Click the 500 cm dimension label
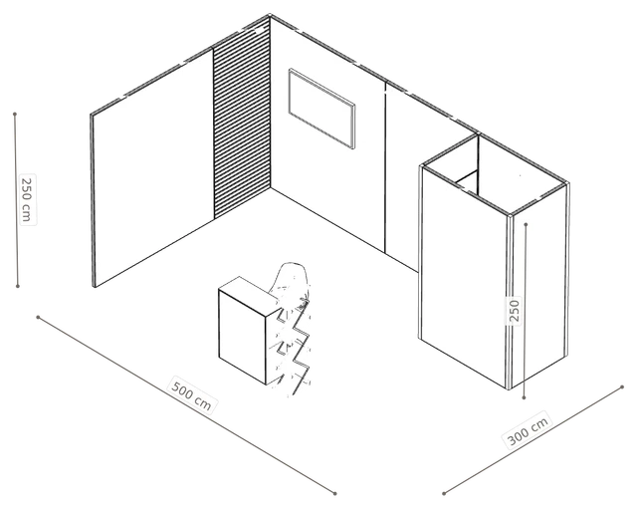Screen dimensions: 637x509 click(x=191, y=393)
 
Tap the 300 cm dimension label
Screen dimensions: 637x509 click(x=528, y=430)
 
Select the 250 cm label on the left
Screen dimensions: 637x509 click(x=27, y=199)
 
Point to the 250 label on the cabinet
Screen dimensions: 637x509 click(x=515, y=311)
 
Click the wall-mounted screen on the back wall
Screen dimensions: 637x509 click(x=321, y=109)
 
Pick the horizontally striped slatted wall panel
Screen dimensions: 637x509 click(x=242, y=118)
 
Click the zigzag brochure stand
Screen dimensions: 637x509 click(x=294, y=346)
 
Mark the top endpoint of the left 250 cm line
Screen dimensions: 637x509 click(x=15, y=115)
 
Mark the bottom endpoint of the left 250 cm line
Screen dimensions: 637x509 click(x=18, y=286)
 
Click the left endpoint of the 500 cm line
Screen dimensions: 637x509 click(x=38, y=317)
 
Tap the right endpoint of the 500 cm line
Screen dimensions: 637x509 click(x=335, y=493)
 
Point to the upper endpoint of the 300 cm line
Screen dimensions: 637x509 click(x=622, y=387)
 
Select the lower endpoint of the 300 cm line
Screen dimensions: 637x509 click(x=445, y=493)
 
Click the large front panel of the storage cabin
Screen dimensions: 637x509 click(x=465, y=277)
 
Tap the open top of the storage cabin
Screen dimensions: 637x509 click(x=494, y=174)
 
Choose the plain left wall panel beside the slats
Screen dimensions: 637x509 click(x=152, y=166)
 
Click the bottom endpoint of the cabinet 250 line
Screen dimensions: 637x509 click(x=525, y=397)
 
